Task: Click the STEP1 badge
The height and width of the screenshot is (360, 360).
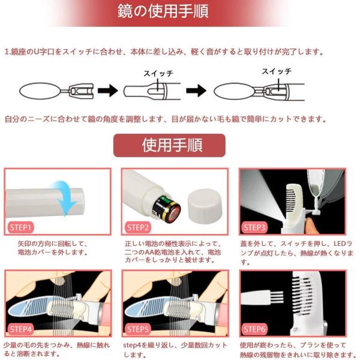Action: click(x=20, y=227)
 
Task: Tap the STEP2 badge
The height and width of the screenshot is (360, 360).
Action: click(x=138, y=227)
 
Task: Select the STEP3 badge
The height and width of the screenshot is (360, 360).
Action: click(x=254, y=227)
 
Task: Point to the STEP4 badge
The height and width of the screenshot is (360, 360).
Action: click(x=20, y=329)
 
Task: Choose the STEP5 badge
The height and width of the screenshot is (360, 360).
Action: click(x=138, y=329)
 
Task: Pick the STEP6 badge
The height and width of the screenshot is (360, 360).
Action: click(x=254, y=329)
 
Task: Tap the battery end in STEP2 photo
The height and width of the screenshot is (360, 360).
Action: click(x=167, y=208)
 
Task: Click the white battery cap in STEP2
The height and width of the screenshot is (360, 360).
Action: click(x=205, y=204)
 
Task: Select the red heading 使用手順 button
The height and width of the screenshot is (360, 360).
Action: click(x=169, y=145)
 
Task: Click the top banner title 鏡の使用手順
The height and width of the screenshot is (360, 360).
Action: click(x=163, y=11)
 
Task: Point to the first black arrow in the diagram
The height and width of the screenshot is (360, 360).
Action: click(x=107, y=91)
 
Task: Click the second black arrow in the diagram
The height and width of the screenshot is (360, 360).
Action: click(x=196, y=91)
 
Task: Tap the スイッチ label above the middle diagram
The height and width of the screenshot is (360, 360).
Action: click(x=158, y=73)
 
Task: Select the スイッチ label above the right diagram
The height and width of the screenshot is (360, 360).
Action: click(x=277, y=71)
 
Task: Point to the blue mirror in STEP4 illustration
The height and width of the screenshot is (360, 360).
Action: click(x=30, y=308)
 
